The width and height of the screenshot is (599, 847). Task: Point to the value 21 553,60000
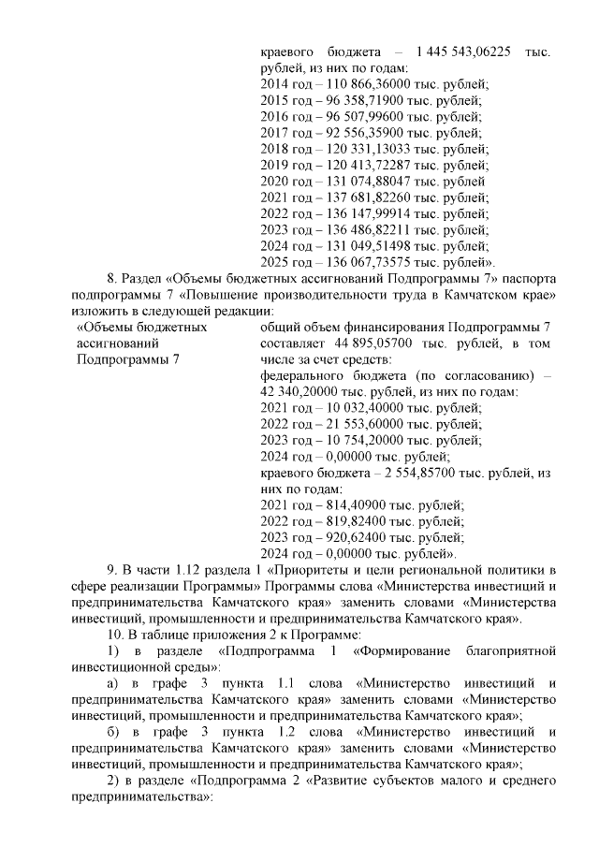coord(346,425)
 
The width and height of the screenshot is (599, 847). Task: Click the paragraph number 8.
coord(110,279)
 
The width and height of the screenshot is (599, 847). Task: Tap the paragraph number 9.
coord(110,571)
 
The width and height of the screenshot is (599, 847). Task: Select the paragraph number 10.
coord(113,635)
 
